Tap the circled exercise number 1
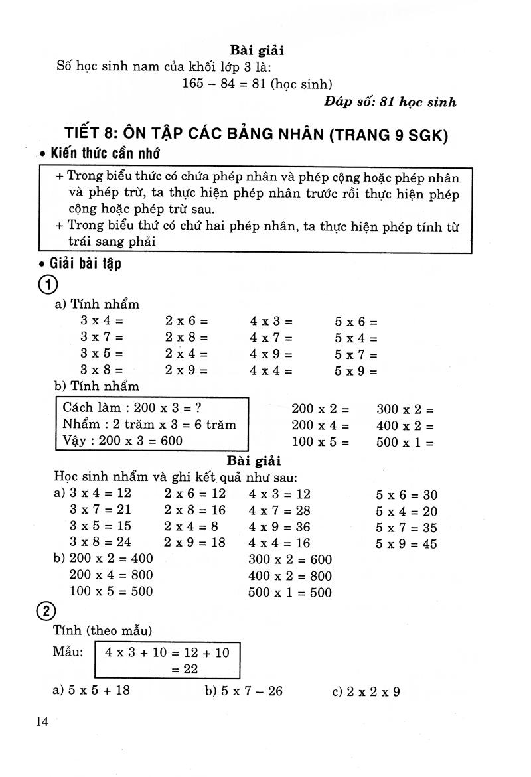click(48, 285)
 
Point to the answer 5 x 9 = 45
click(406, 543)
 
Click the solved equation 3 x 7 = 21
click(100, 510)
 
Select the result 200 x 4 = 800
click(111, 575)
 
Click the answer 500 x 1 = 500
click(290, 592)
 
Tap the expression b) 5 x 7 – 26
click(244, 691)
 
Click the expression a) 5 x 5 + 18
click(92, 690)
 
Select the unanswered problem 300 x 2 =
click(405, 409)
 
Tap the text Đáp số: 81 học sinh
click(390, 102)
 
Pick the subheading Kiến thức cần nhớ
click(102, 154)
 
